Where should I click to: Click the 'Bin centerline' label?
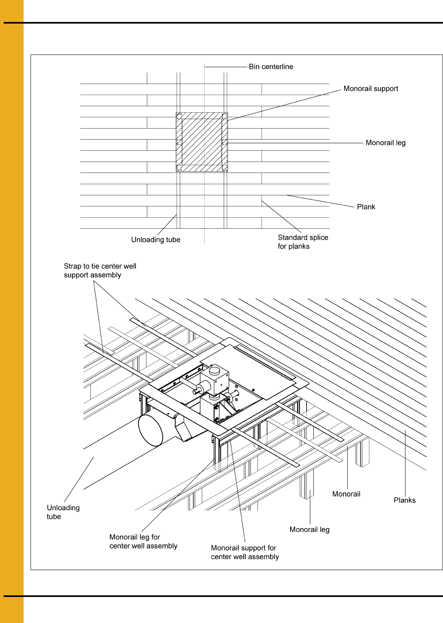point(271,67)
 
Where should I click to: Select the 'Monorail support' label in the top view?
point(371,88)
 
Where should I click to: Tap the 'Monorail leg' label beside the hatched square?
point(385,143)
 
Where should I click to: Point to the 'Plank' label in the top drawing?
point(366,207)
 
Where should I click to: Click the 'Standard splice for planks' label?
point(303,242)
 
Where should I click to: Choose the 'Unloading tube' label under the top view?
point(156,240)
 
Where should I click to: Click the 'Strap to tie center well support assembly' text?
point(100,270)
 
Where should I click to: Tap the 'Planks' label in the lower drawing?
point(405,500)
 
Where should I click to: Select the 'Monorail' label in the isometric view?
point(346,494)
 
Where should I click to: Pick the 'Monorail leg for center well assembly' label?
point(143,541)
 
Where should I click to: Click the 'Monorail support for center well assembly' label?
point(245,552)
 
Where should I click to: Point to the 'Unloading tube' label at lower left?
point(63,512)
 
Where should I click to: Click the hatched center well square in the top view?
point(202,142)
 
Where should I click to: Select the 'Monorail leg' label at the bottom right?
point(310,529)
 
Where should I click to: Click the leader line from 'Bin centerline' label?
point(226,67)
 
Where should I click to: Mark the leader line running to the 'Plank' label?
point(320,201)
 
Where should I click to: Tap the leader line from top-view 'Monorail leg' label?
point(296,143)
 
